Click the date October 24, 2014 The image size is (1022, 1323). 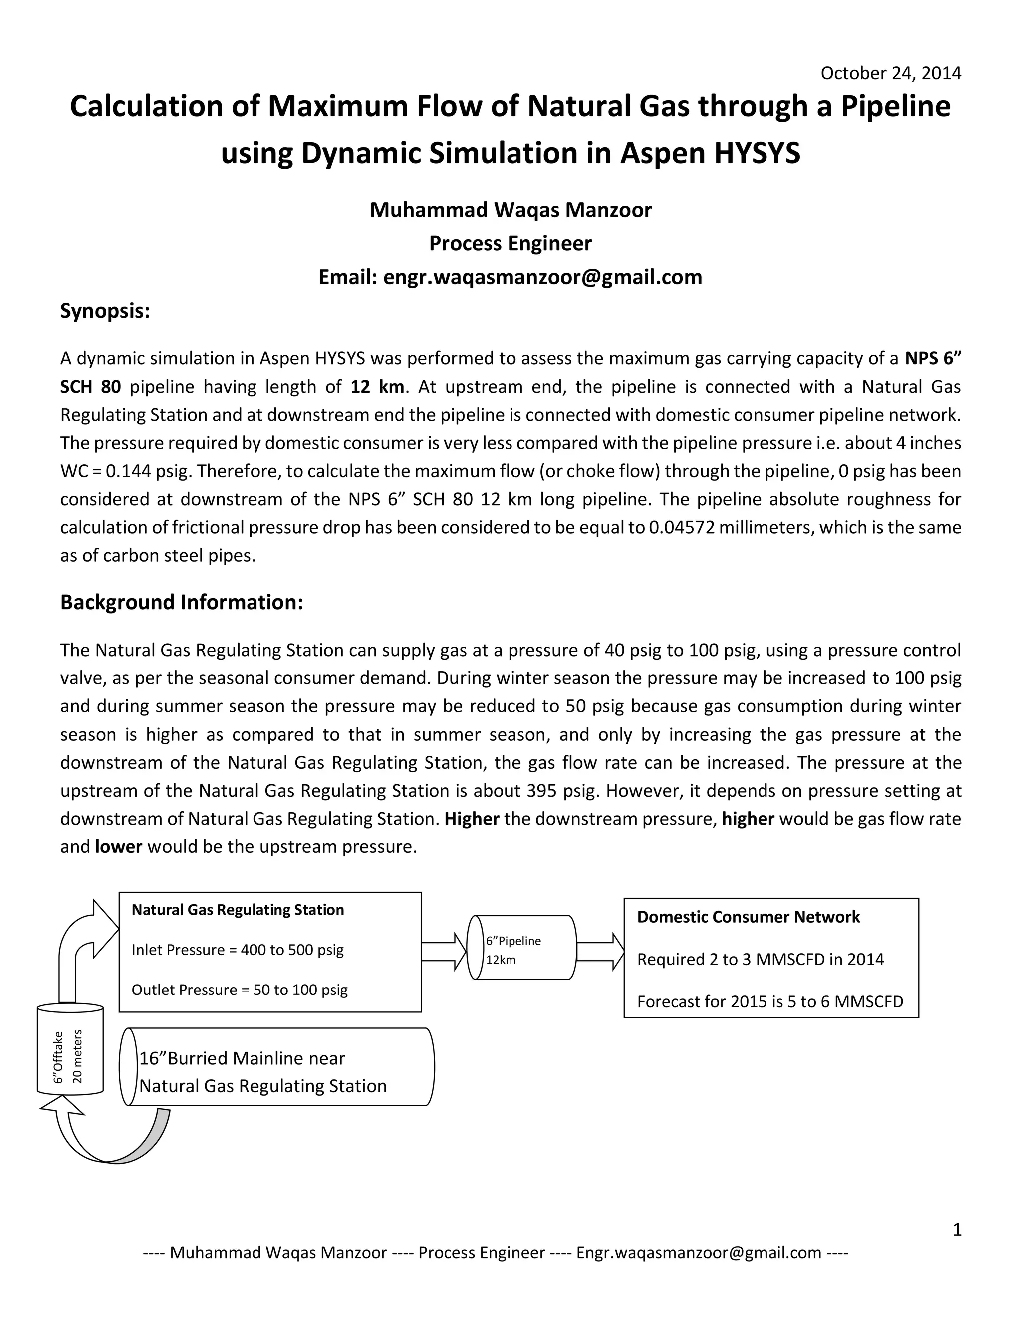coord(890,73)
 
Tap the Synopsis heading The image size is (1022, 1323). coord(105,311)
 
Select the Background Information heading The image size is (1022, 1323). coord(181,602)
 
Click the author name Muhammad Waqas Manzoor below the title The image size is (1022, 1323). coord(511,210)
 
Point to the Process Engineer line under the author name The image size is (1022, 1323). coord(511,243)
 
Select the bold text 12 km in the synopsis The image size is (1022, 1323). coord(377,387)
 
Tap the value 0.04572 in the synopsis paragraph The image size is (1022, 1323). coord(682,527)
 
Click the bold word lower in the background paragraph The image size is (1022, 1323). coord(119,846)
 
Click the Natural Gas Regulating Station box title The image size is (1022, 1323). coord(238,910)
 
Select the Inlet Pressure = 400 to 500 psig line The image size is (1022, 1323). coord(238,950)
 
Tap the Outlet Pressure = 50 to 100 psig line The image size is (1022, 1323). coord(239,990)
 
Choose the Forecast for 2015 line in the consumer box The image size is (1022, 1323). coord(769,1001)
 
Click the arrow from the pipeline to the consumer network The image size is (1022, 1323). coord(600,951)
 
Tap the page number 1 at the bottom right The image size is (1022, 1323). coord(957,1230)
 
